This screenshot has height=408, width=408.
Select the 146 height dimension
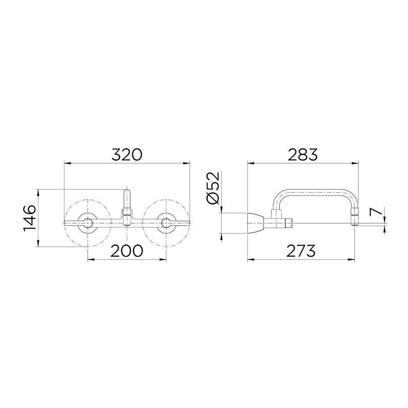tap(29, 218)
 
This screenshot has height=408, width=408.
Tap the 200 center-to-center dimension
tap(127, 250)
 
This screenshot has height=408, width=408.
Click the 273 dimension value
tap(301, 250)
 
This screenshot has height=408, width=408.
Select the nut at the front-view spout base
tap(127, 212)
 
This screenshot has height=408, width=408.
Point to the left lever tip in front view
tap(67, 222)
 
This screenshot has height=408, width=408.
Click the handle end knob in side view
tap(289, 223)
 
